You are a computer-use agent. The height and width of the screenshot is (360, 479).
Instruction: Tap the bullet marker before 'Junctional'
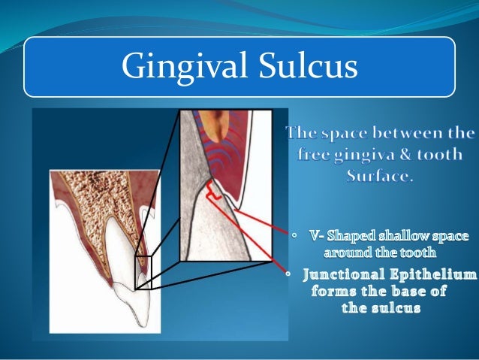tap(288, 274)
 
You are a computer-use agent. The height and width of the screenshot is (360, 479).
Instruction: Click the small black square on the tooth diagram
tap(143, 272)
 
